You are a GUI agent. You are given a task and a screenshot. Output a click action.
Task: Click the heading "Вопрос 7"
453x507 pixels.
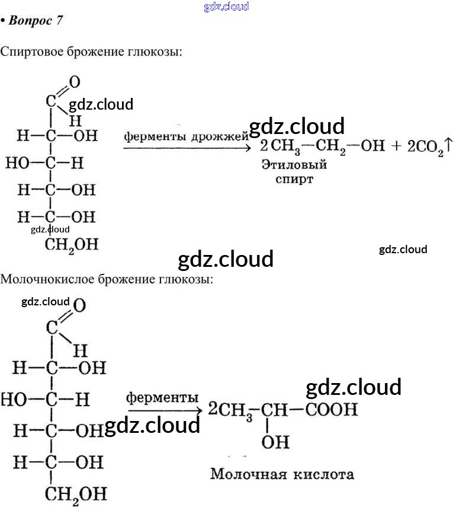(35, 20)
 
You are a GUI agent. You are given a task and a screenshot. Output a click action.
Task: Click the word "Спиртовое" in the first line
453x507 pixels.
(30, 52)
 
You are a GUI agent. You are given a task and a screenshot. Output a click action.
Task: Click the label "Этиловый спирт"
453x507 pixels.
(294, 171)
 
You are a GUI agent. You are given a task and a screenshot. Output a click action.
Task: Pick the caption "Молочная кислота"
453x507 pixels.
(282, 474)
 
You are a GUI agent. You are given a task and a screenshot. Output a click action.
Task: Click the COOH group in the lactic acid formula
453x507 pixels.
(331, 409)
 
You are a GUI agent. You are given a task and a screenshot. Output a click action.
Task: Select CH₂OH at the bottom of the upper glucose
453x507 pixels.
(69, 244)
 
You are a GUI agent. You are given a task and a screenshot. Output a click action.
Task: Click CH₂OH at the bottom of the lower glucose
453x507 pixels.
(76, 493)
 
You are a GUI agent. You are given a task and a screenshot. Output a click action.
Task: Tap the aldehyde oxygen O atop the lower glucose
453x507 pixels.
(79, 306)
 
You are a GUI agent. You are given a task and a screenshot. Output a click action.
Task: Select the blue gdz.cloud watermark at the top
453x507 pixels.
(226, 7)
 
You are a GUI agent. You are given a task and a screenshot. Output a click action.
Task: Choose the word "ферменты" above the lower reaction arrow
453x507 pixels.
(162, 396)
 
